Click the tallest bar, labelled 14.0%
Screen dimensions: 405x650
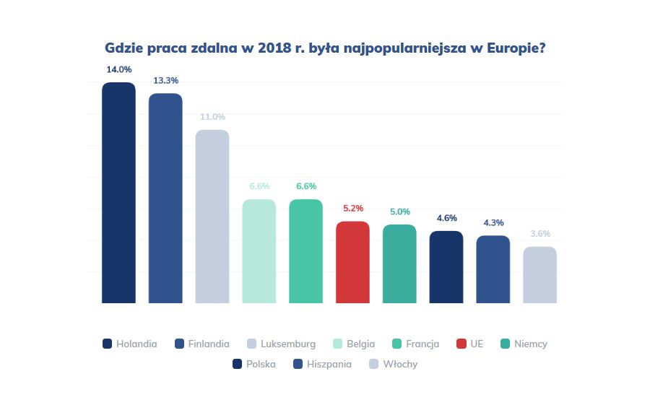(118, 193)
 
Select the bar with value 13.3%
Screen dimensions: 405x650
(165, 199)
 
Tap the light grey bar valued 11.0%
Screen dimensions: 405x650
(212, 217)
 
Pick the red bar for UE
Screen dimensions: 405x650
(352, 262)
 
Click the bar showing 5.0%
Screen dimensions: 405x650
(399, 264)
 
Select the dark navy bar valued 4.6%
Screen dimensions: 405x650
(446, 267)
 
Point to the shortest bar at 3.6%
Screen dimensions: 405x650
(539, 275)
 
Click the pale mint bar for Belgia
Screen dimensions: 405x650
(259, 251)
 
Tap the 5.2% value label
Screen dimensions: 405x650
(353, 208)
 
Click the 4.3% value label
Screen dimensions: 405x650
(493, 222)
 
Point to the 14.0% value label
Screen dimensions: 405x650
(119, 69)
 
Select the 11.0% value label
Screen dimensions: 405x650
(212, 117)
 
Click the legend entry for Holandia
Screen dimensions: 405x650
(130, 344)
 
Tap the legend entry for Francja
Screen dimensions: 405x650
(415, 344)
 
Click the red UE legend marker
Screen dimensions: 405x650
(461, 344)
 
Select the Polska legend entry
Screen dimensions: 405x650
(254, 365)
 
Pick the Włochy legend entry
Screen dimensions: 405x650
(393, 365)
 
